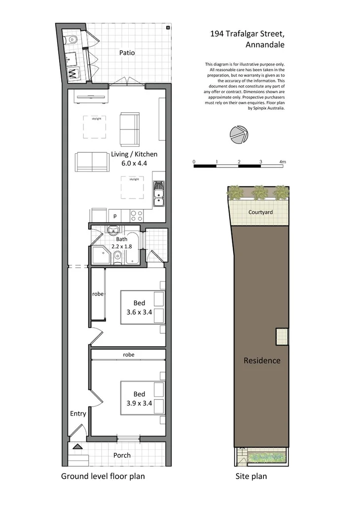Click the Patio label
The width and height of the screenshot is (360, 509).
[127, 53]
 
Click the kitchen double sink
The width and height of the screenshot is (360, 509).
[159, 194]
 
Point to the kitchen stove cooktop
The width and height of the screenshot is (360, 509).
[136, 215]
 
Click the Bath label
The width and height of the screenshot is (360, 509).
[121, 239]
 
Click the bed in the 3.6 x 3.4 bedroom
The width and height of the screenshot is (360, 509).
[142, 307]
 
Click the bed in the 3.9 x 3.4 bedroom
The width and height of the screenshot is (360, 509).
[142, 398]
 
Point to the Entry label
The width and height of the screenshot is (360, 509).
[78, 413]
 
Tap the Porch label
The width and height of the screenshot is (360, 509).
[122, 455]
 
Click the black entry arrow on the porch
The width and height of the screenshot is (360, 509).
[77, 447]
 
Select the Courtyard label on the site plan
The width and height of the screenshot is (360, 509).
[261, 212]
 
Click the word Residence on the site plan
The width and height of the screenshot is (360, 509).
[262, 361]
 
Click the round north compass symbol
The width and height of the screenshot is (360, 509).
[240, 135]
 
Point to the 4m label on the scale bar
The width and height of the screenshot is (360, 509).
[282, 162]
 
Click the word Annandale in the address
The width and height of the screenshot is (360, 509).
[265, 44]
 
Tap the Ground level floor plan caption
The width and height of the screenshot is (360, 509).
[103, 476]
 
